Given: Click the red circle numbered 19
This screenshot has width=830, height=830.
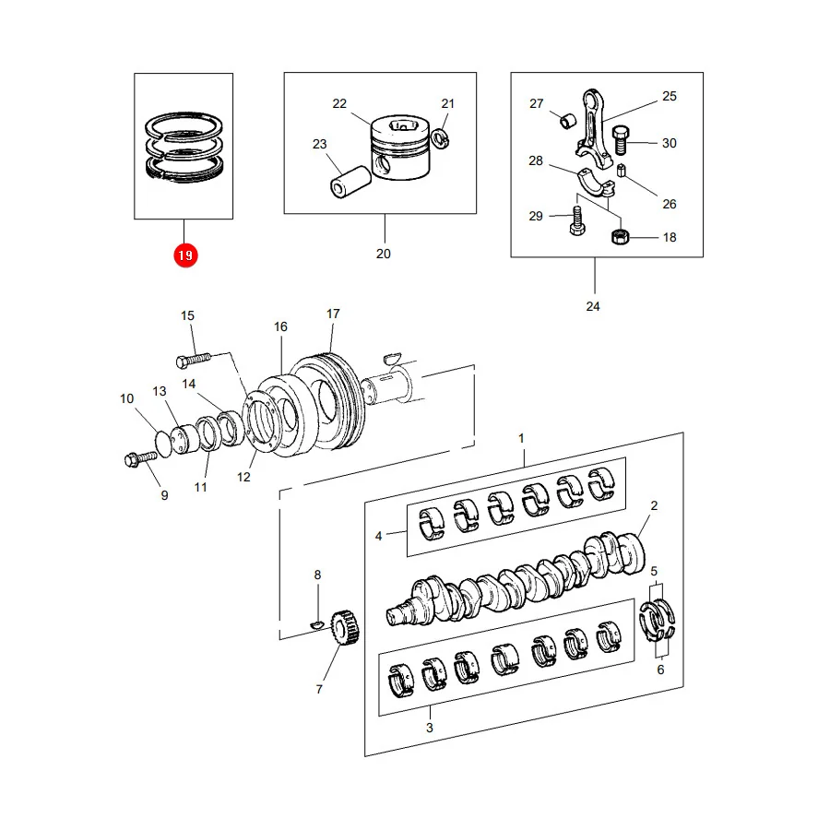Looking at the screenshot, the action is [x=185, y=255].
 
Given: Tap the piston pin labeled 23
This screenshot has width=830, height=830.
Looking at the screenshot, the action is [x=350, y=182].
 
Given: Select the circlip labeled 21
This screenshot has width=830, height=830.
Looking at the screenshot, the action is [x=441, y=138].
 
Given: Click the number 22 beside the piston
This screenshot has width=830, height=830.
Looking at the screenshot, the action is [x=339, y=103].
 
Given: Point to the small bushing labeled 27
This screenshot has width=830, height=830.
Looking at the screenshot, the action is [x=567, y=121].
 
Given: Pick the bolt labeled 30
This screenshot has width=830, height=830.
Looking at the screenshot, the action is [x=620, y=140].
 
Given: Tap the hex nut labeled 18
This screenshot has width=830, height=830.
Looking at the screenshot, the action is [x=620, y=236].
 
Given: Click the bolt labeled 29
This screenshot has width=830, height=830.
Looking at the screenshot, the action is [x=577, y=220].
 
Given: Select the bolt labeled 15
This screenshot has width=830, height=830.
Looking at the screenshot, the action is [x=194, y=360].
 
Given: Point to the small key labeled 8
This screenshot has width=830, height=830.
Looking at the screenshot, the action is [x=316, y=625].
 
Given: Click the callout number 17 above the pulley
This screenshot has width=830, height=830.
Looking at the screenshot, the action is [x=333, y=314].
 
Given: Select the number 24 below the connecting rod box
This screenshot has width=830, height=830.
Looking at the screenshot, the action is [x=593, y=306].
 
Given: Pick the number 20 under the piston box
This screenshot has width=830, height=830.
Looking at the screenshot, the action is [x=384, y=255].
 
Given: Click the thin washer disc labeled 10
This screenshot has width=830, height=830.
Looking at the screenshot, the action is [x=163, y=444].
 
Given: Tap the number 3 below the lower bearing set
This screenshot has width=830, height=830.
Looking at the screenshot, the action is [x=429, y=728].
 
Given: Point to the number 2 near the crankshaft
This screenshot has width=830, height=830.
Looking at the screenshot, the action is [x=654, y=505].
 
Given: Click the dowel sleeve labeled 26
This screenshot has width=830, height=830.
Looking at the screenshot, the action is [x=622, y=171].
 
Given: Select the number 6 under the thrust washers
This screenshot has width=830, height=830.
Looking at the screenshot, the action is [x=660, y=670].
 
